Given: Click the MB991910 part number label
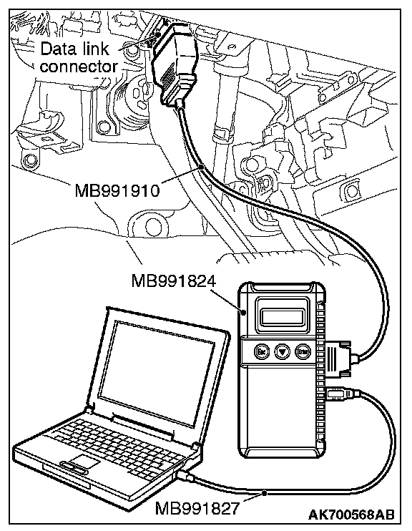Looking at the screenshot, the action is pos(117,190).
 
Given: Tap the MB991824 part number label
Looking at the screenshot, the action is pos(173,281).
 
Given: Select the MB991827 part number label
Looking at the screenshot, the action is pos(197,508).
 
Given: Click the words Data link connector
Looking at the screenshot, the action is pos(79,57).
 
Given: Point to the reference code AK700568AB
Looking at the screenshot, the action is pos(351,515).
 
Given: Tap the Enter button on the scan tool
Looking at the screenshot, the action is pos(303,351).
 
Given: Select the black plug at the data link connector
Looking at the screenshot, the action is pos(175,63).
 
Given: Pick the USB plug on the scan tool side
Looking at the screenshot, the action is pos(340,394).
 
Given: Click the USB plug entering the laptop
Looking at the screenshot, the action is pos(185,477).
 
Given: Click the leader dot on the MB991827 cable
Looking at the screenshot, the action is pos(265,493).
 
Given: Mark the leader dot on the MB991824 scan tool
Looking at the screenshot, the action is pos(243,311).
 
